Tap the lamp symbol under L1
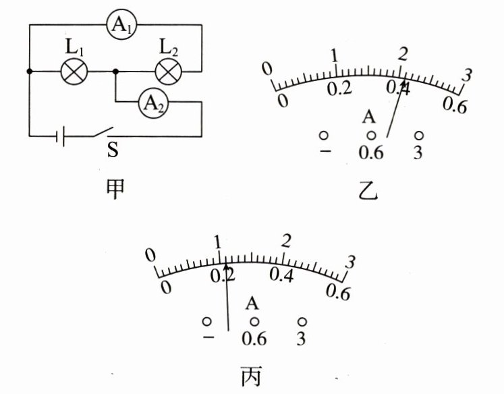72,71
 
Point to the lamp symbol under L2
167,71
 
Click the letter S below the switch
113,150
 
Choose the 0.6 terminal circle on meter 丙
255,320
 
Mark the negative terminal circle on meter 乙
324,135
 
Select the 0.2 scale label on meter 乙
340,89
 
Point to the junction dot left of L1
28,71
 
